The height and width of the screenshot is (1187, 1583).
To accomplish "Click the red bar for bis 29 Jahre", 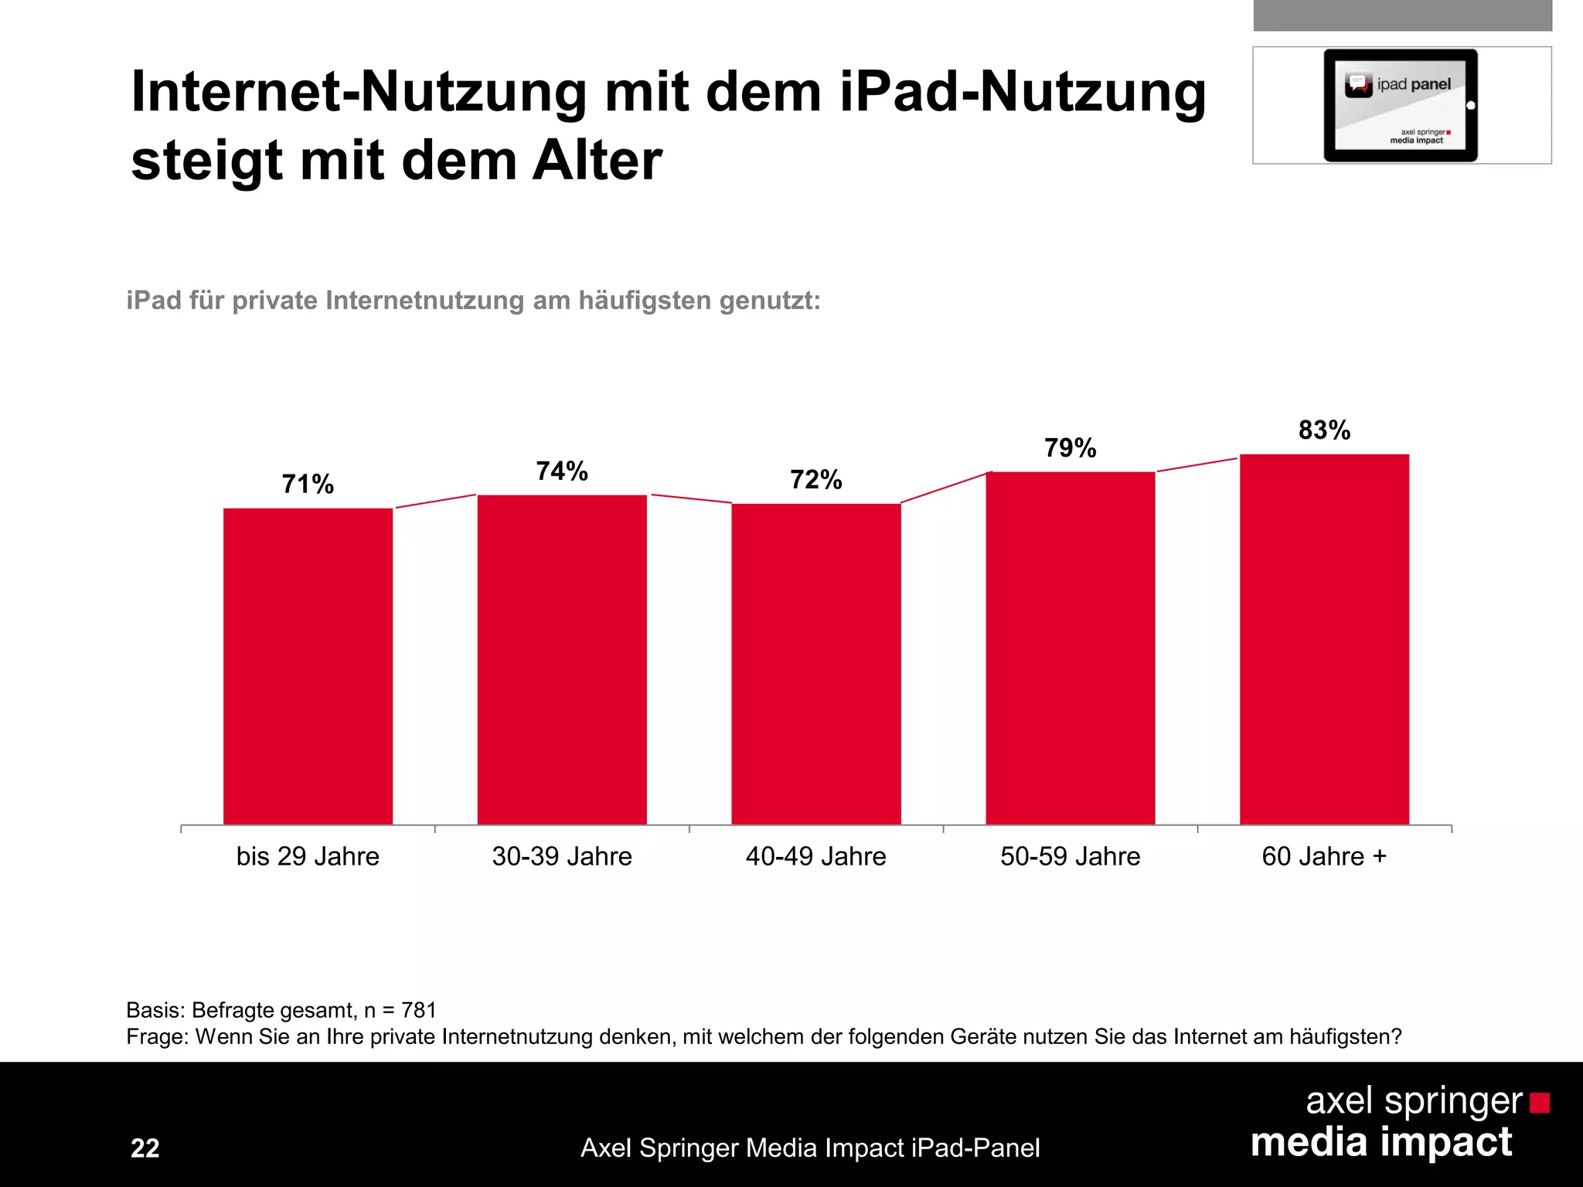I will [x=308, y=666].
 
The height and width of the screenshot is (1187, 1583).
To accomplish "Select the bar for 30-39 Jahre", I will [x=562, y=659].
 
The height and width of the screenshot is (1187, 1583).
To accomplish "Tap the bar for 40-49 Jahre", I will [x=816, y=664].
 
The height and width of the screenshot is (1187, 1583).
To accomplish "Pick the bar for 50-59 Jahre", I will [x=1071, y=648].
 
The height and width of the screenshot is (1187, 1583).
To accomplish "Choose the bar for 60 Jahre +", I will [x=1324, y=639].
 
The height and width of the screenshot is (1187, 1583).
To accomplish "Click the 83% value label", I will [x=1324, y=430].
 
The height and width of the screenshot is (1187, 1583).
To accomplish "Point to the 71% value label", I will [x=308, y=485].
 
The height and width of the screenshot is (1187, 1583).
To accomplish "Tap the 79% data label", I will [x=1071, y=448].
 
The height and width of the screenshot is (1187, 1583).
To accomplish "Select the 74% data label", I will [x=562, y=471].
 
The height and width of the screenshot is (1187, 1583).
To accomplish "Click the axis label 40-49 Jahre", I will [x=815, y=856].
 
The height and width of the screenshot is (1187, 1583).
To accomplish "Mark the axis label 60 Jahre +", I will [x=1324, y=856].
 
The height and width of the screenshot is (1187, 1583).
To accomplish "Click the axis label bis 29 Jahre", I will [x=308, y=856].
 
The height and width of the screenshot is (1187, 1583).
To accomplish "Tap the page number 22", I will [x=145, y=1148].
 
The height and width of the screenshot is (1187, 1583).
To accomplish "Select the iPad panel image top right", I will [x=1401, y=105].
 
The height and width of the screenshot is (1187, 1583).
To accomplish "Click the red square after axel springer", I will [x=1540, y=1103].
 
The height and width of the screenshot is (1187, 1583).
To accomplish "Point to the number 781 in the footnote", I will [x=419, y=1010].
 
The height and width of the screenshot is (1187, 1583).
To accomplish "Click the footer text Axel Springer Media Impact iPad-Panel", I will [x=810, y=1148].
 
